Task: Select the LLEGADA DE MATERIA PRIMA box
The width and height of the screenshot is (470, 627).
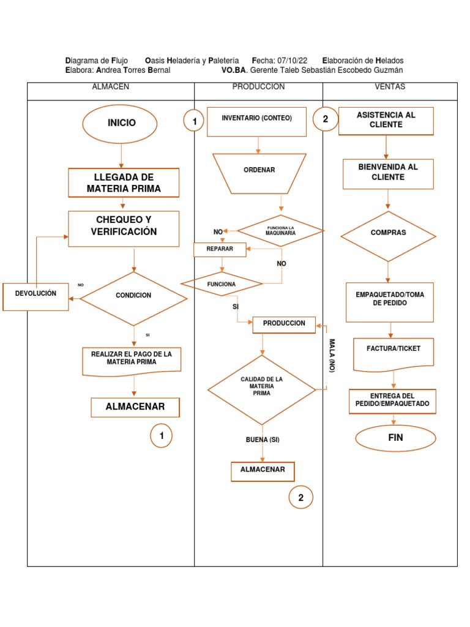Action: [124, 183]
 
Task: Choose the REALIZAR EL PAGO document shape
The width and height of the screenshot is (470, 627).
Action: [132, 360]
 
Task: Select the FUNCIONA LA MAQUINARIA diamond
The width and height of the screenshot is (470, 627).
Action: [281, 231]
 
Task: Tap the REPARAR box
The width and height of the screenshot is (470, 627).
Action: [220, 249]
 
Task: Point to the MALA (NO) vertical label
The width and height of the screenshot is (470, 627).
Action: [332, 356]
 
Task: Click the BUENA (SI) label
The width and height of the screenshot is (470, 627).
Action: [263, 440]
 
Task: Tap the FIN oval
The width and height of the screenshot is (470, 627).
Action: [396, 438]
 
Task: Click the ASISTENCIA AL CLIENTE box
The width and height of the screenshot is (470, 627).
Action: [386, 121]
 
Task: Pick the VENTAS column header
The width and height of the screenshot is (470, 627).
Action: [390, 87]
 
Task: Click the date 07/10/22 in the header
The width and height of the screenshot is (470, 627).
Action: [293, 61]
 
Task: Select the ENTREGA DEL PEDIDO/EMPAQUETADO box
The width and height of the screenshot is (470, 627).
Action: [392, 401]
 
